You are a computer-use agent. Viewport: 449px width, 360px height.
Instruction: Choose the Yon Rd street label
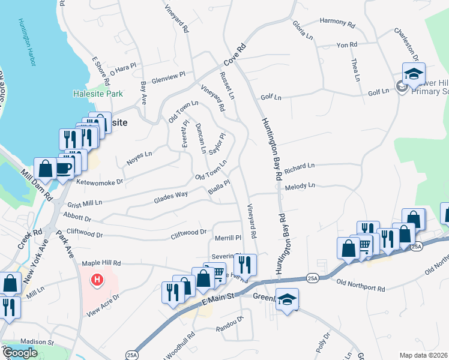[x=347, y=45]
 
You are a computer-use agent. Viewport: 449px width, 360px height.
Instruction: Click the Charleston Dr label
[x=406, y=43]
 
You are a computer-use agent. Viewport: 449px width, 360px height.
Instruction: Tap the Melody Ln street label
[x=300, y=187]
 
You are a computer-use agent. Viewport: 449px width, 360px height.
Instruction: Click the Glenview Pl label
[x=168, y=79]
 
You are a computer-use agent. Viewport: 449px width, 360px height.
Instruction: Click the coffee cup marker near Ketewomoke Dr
[x=64, y=167]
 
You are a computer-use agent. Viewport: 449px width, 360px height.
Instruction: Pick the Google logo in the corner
[x=19, y=353]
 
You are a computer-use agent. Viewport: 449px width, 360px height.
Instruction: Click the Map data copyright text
[x=424, y=355]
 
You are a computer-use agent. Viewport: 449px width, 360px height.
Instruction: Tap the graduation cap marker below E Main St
[x=288, y=299]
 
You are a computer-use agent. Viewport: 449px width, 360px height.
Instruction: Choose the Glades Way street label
[x=170, y=196]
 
